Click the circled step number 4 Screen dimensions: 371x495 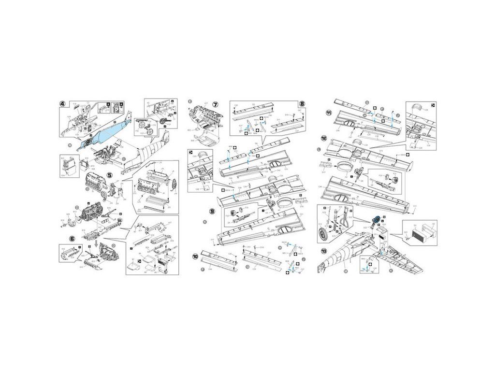coord(63,103)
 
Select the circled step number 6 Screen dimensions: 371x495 coord(73,239)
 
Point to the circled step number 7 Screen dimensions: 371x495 coord(215,104)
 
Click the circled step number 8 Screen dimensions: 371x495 coord(302,103)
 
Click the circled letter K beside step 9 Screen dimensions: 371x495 coord(205,221)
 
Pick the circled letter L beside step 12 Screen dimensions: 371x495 coord(319,150)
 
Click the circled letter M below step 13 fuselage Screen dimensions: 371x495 coord(345,272)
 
